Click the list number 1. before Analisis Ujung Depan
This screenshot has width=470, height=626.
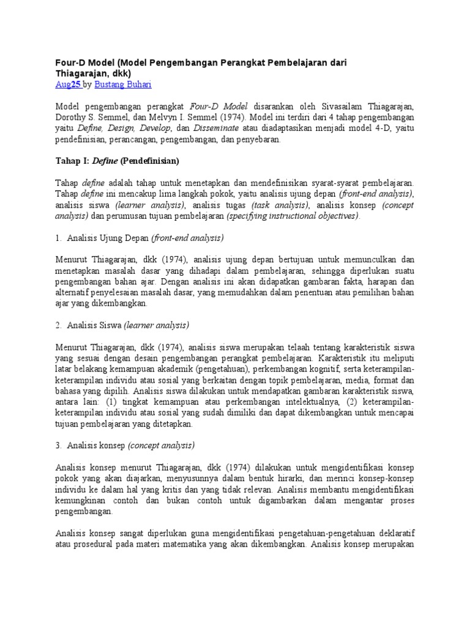[x=59, y=238]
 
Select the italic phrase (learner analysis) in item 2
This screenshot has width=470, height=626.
[x=156, y=325]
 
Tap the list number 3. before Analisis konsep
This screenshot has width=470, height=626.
[x=59, y=444]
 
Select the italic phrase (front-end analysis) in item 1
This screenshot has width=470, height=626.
[x=188, y=238]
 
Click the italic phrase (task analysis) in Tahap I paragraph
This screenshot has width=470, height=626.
[x=280, y=205]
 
